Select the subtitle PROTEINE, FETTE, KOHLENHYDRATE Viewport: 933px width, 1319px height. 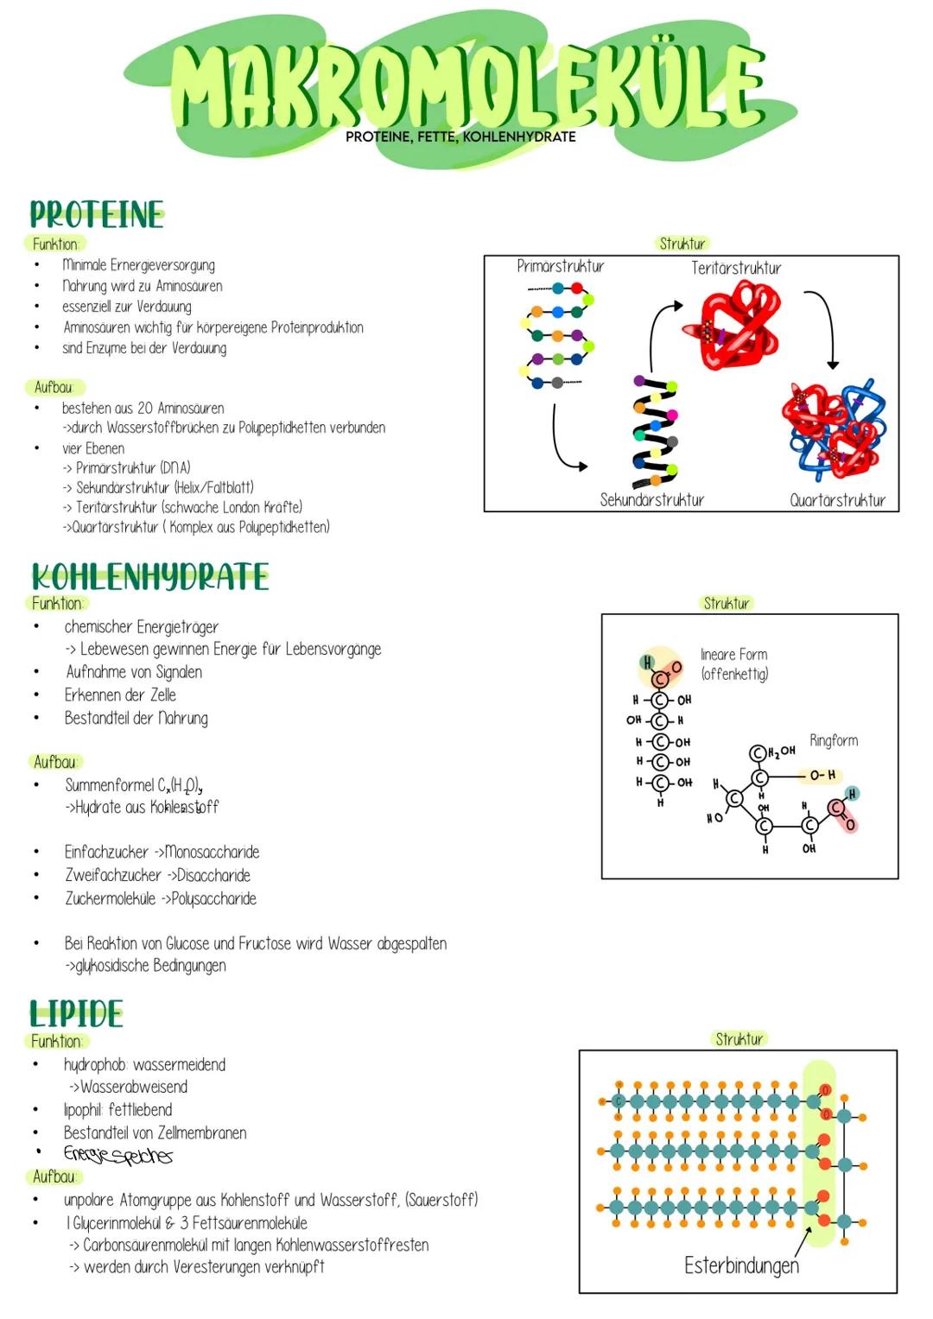(x=460, y=136)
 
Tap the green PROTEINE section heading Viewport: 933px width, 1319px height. (x=96, y=214)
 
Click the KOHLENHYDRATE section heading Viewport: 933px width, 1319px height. (x=149, y=576)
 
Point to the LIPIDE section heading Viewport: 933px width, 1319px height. (x=76, y=1013)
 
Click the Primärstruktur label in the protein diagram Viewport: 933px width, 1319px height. (x=560, y=266)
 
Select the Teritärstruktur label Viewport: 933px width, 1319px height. (x=735, y=268)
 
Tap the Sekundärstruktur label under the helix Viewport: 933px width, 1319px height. (x=651, y=499)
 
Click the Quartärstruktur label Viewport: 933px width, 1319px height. (x=836, y=499)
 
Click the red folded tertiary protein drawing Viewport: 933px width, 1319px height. (x=733, y=327)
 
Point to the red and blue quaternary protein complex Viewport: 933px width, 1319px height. (x=833, y=428)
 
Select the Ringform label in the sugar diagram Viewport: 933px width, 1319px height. (x=833, y=740)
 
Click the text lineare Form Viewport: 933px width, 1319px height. (x=733, y=655)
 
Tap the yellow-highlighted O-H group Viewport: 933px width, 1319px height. (x=821, y=776)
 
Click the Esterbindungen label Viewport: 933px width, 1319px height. (x=740, y=1265)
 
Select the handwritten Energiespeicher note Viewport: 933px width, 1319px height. (x=117, y=1154)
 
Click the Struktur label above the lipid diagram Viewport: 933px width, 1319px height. (x=739, y=1038)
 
